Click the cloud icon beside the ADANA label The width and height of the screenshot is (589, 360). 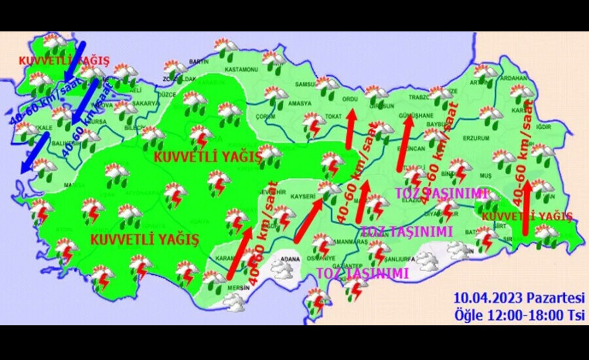[283, 271]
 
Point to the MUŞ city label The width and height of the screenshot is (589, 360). [485, 177]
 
